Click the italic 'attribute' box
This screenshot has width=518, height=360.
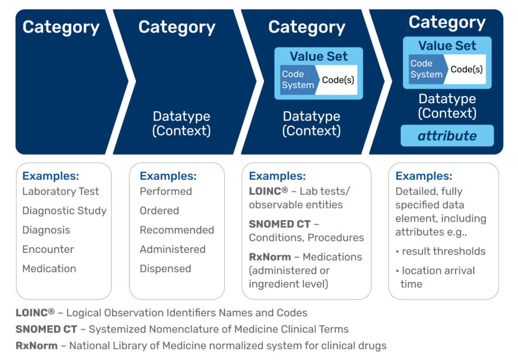tap(447, 136)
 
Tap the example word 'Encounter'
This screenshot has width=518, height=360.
tap(48, 249)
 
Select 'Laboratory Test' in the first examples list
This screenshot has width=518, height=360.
tap(61, 191)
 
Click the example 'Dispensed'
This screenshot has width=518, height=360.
tap(165, 269)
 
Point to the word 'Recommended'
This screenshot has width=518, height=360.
tap(177, 230)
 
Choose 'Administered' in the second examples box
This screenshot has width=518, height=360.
tap(173, 249)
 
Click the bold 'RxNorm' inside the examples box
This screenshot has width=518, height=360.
tap(269, 257)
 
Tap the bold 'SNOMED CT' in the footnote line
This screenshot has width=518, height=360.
tap(46, 329)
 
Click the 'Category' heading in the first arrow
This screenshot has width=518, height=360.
tap(61, 27)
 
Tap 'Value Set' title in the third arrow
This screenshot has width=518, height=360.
tap(318, 56)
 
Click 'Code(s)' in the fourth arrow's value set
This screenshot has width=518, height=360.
tap(467, 69)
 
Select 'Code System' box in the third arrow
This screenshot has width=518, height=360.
tap(297, 80)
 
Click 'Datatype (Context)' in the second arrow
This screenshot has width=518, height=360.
tap(182, 123)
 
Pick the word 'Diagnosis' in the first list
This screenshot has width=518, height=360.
tap(46, 230)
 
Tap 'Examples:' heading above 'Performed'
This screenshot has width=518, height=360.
tap(168, 176)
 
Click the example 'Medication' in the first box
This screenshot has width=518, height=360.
tap(49, 269)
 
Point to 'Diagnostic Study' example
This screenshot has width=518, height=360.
tap(64, 211)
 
